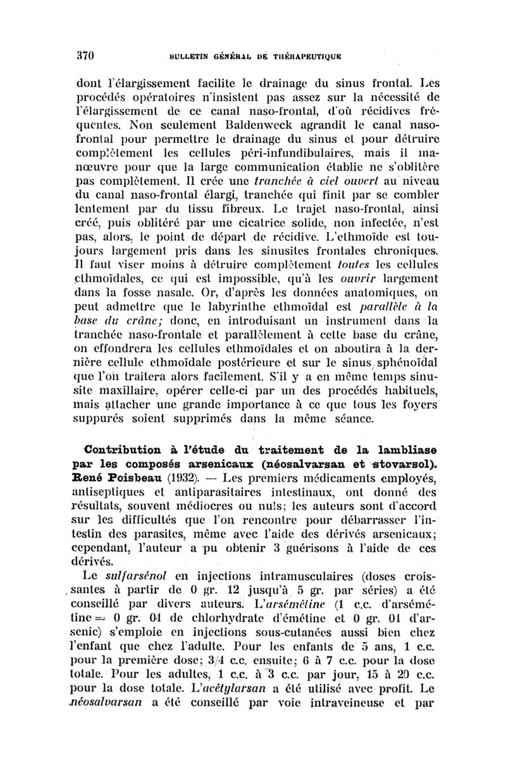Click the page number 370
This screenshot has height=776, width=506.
tap(84, 55)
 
